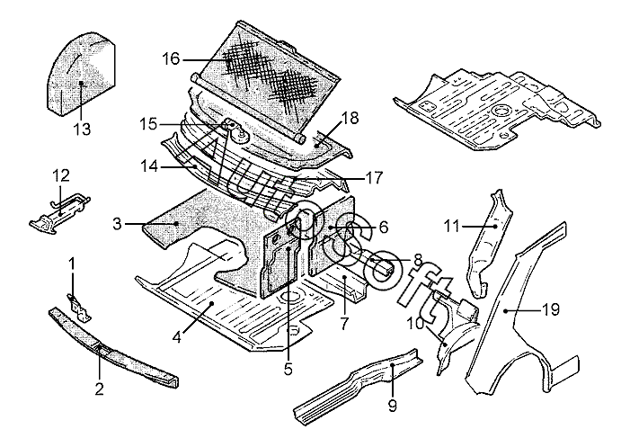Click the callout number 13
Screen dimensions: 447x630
pos(82,129)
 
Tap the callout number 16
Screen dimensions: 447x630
pos(172,59)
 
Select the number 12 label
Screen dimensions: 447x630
pos(60,174)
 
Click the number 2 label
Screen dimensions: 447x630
pos(99,389)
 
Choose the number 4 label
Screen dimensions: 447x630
pos(178,338)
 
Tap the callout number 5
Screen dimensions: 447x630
pos(288,367)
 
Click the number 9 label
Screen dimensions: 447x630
pos(392,406)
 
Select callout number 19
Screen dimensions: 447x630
pos(550,309)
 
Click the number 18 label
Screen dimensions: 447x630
pos(350,118)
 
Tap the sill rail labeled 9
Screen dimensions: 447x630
pos(359,387)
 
